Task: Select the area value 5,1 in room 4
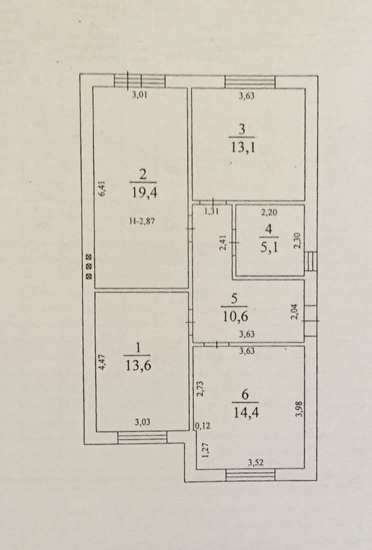(x=269, y=248)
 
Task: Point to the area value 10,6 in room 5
(x=235, y=317)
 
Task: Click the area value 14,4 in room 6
(x=246, y=412)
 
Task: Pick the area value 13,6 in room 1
(x=138, y=365)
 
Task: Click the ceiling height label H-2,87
(x=142, y=221)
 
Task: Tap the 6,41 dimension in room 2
(x=102, y=189)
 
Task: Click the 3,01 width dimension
(x=140, y=95)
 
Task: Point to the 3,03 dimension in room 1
(x=142, y=422)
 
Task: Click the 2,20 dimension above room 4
(x=269, y=212)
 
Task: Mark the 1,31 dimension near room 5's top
(x=212, y=211)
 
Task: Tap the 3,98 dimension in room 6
(x=299, y=409)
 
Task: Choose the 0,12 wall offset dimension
(x=202, y=426)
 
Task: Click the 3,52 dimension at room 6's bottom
(x=255, y=463)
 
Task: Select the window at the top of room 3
(x=249, y=82)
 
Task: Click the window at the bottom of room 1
(x=142, y=437)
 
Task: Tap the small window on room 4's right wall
(x=311, y=262)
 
